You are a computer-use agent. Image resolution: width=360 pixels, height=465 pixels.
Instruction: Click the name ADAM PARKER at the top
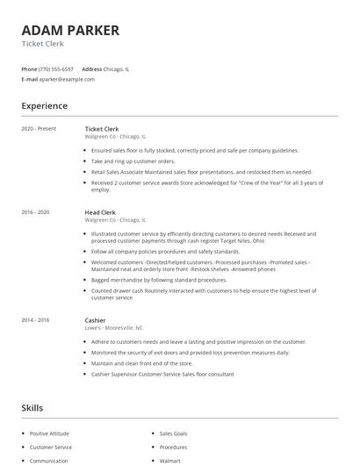70,31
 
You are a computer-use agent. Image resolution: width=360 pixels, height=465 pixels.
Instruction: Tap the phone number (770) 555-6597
57,68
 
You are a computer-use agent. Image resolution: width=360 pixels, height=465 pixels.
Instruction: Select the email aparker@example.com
67,79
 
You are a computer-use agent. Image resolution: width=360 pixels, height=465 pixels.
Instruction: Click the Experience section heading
45,106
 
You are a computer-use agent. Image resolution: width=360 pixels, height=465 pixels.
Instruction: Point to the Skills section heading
32,408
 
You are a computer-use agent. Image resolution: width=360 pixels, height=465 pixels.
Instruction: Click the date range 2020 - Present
39,129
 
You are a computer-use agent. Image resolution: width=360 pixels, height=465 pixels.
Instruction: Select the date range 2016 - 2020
36,212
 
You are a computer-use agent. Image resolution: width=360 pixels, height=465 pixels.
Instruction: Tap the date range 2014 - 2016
36,320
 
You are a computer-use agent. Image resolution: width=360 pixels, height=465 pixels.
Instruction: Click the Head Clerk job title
101,212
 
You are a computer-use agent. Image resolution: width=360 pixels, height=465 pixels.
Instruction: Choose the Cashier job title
97,320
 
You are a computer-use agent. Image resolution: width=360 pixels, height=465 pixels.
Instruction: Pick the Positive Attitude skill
50,433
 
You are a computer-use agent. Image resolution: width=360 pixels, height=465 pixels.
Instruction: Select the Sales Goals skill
174,433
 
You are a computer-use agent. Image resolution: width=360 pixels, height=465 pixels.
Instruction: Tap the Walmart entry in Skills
170,460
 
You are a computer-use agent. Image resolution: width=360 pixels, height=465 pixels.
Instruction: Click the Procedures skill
173,447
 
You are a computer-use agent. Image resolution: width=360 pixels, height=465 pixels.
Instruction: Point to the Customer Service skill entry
51,447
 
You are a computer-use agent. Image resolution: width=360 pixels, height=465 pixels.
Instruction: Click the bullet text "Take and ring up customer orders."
133,161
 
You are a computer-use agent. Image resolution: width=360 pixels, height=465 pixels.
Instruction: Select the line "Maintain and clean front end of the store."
142,363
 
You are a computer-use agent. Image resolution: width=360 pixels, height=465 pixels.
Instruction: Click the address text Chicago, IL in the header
117,68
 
